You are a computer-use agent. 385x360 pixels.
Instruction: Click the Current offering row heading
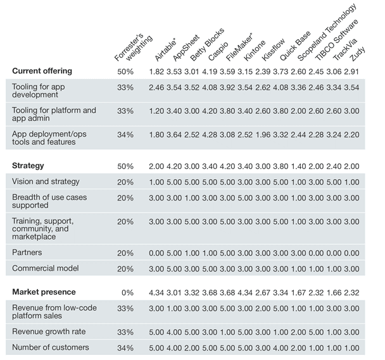[42, 71]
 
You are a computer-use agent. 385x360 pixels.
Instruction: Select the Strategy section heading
[28, 166]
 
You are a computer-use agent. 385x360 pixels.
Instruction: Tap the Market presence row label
[44, 292]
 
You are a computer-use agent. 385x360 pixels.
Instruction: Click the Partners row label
[27, 252]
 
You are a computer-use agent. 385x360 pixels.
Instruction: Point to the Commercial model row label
[46, 268]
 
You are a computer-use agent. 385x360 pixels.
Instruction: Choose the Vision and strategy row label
[46, 182]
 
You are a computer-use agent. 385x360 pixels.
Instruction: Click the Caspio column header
[218, 51]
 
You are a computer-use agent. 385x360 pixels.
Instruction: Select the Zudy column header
[357, 54]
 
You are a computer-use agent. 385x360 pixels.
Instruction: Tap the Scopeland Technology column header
[327, 32]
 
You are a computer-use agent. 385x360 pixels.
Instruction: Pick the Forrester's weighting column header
[134, 47]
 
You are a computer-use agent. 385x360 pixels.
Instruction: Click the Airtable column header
[165, 49]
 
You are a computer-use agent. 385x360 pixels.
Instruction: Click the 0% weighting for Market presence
[127, 292]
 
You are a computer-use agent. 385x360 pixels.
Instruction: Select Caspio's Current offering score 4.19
[210, 71]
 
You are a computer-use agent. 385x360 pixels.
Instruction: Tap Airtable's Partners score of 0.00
[156, 253]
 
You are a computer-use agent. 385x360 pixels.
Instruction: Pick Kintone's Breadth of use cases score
[245, 198]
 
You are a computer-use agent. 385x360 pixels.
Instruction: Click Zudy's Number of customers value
[351, 348]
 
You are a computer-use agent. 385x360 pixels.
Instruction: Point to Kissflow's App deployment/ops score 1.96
[263, 135]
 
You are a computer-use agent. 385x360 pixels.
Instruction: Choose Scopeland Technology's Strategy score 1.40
[298, 166]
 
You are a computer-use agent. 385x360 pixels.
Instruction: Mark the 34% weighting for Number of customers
[125, 348]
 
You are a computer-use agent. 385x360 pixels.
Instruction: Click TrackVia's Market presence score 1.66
[334, 292]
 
